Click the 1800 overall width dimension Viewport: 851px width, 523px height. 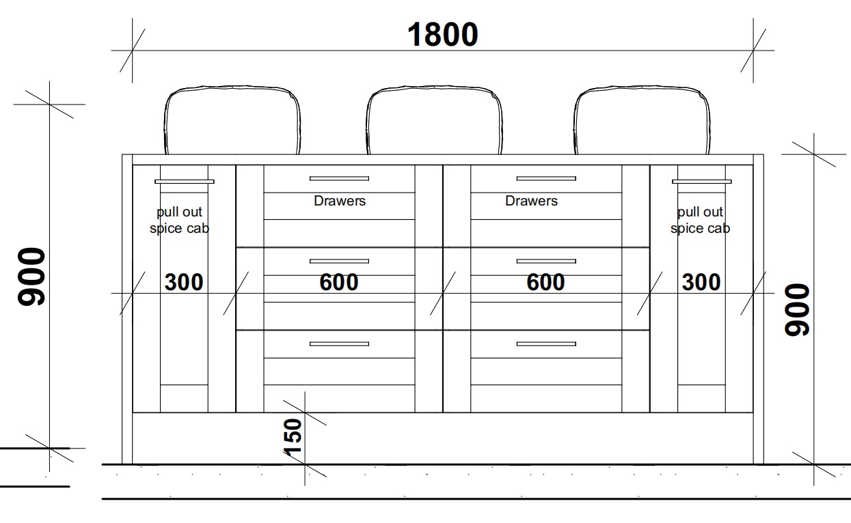(442, 35)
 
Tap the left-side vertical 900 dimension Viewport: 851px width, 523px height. (31, 276)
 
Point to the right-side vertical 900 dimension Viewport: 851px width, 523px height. (797, 309)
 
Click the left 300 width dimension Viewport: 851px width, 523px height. (184, 281)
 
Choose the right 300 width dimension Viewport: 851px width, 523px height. (701, 281)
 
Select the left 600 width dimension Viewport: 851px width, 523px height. (338, 281)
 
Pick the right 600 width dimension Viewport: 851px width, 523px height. (545, 281)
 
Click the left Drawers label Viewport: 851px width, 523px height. (340, 201)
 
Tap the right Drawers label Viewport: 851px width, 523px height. (531, 201)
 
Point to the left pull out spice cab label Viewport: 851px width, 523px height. (179, 220)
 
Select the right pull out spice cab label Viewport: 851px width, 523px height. (700, 220)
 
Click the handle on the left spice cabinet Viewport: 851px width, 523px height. (184, 182)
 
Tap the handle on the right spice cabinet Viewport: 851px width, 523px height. (701, 182)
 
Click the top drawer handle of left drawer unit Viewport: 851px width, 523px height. (339, 178)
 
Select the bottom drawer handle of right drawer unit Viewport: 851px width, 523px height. (545, 343)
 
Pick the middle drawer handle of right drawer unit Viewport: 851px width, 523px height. (545, 261)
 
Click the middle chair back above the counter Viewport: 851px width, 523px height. (434, 120)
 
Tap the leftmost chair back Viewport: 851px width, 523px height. (232, 120)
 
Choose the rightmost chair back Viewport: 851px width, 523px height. (641, 120)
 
